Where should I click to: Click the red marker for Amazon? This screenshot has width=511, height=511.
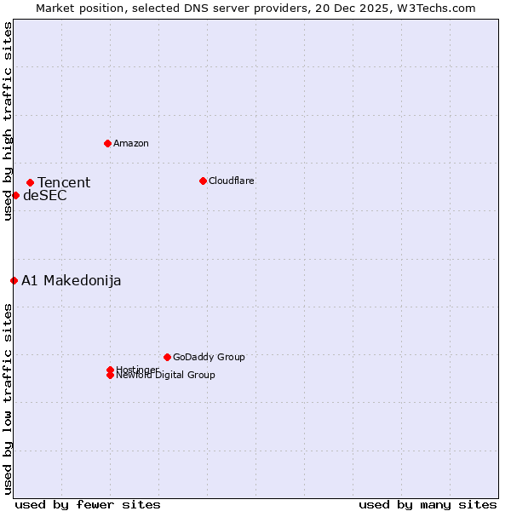coord(107,143)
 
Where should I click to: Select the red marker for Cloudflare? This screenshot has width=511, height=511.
coord(203,181)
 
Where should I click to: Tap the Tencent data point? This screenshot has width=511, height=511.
coord(30,182)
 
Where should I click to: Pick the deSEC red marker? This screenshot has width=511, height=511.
coord(15,195)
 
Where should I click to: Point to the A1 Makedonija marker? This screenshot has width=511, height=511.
coord(14,280)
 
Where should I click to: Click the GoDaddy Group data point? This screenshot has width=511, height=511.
coord(167,357)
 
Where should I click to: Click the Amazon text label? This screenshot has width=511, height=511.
coord(131,143)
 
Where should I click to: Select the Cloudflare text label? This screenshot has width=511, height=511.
coord(231,181)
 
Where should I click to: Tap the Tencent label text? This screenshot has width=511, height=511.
coord(64,182)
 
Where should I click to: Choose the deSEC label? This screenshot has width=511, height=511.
coord(45,195)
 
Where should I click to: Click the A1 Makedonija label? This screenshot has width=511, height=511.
coord(72,280)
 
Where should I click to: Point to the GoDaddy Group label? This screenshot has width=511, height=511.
coord(209,357)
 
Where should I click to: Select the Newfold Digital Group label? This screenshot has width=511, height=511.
coord(166,375)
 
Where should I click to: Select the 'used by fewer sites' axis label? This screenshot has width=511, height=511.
coord(88,504)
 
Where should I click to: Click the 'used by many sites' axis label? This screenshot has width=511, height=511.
coord(428,504)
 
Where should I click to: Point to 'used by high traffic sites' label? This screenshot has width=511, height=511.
coord(8,121)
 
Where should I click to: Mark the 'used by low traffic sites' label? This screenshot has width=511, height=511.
coord(8,399)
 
